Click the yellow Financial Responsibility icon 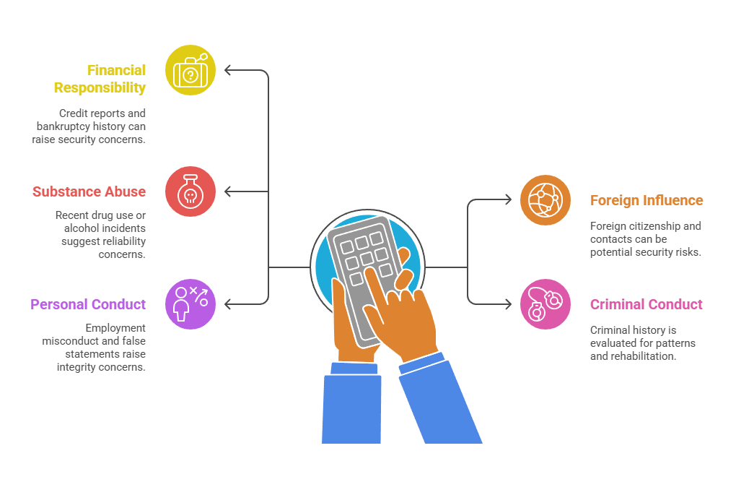pyautogui.click(x=190, y=70)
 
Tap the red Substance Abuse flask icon pyautogui.click(x=190, y=191)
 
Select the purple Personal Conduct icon pyautogui.click(x=190, y=304)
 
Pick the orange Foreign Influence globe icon pyautogui.click(x=546, y=200)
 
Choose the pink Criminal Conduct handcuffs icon pyautogui.click(x=546, y=304)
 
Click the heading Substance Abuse pyautogui.click(x=89, y=191)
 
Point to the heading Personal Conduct pyautogui.click(x=88, y=304)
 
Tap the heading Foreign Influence pyautogui.click(x=647, y=200)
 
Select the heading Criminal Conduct pyautogui.click(x=646, y=304)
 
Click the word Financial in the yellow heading pyautogui.click(x=117, y=70)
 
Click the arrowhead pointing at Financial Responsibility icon pyautogui.click(x=228, y=70)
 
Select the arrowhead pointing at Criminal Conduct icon pyautogui.click(x=509, y=304)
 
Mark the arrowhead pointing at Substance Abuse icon pyautogui.click(x=228, y=191)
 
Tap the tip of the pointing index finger pyautogui.click(x=369, y=272)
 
